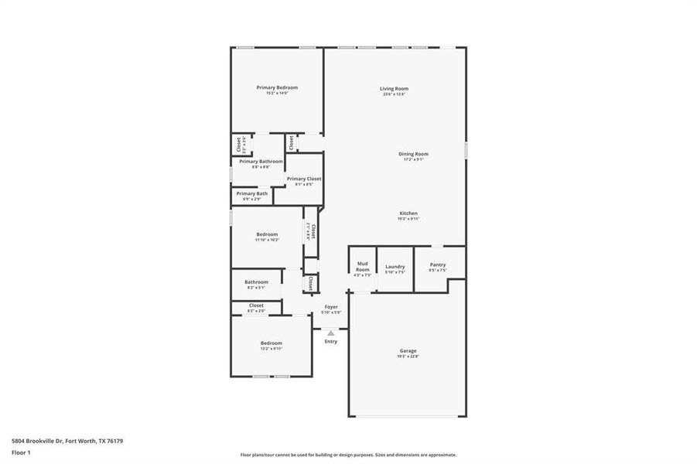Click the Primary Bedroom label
[277, 88]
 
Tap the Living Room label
[394, 89]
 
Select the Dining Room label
[413, 154]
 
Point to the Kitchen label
[408, 213]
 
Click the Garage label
[408, 351]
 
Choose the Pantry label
[438, 264]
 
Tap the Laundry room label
[395, 267]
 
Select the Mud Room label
[362, 267]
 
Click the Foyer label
[331, 307]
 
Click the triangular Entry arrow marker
[331, 333]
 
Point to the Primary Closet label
[304, 179]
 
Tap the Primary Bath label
[252, 193]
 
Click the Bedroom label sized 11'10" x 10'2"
[267, 234]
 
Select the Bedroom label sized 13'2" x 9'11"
[271, 343]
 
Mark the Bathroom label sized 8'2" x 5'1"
[256, 282]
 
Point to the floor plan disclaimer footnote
[348, 455]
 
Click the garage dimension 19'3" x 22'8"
[408, 357]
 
